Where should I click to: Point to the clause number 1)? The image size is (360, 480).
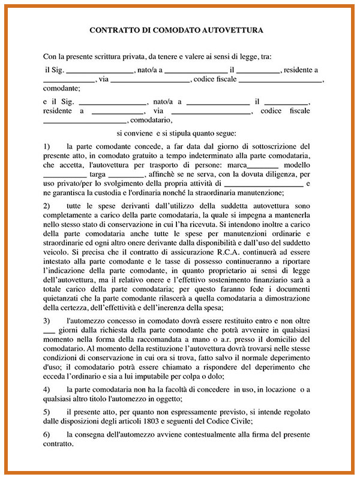pos(47,146)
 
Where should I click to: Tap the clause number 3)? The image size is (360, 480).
pos(47,322)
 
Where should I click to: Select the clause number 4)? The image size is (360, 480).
pos(47,390)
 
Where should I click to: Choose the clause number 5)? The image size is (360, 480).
pos(47,413)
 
